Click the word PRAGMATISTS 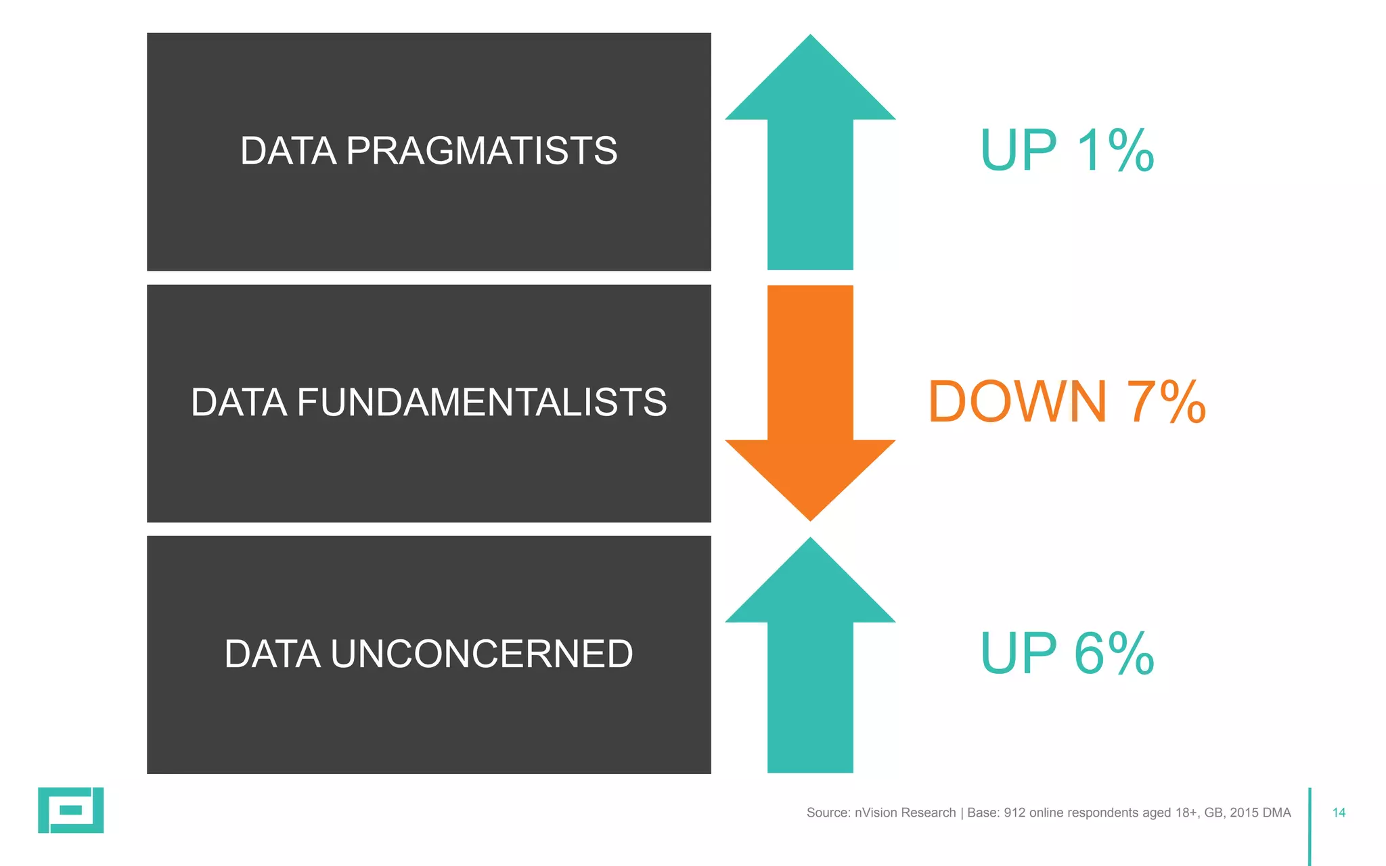[x=481, y=151]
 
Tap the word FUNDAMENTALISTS [x=481, y=403]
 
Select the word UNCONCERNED [x=481, y=654]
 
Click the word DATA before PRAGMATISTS [x=288, y=151]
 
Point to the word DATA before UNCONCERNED [x=272, y=654]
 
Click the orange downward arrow [x=810, y=406]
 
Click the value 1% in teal [x=1115, y=150]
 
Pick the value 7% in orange [x=1166, y=402]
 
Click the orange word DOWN [x=1017, y=402]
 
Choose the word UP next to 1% [x=1019, y=150]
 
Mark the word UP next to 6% [x=1019, y=654]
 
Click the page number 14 [x=1339, y=813]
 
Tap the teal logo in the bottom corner [x=70, y=810]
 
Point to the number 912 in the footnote [x=1014, y=813]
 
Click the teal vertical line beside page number [x=1310, y=825]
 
